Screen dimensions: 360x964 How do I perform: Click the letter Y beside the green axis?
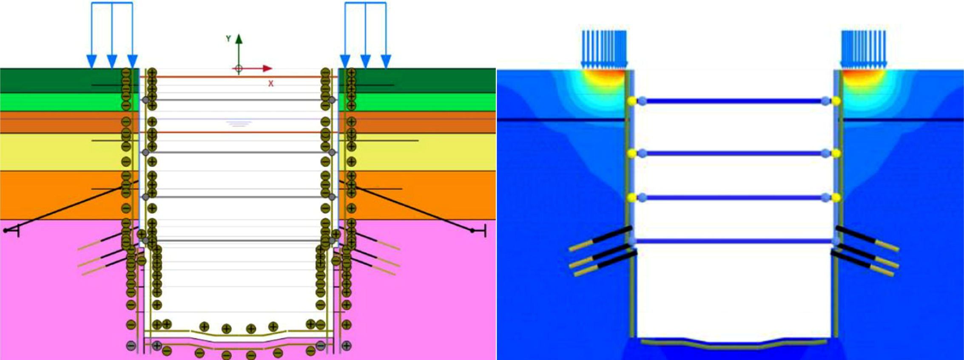coord(228,39)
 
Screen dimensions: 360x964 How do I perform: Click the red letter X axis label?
coord(270,84)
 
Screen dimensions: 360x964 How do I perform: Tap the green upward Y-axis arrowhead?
coord(239,39)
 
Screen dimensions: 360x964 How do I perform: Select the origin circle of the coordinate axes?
coord(239,68)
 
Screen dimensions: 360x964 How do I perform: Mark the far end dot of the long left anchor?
coord(6,230)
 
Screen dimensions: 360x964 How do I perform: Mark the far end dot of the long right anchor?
coord(472,230)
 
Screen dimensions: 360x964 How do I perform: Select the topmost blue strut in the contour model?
coord(734,101)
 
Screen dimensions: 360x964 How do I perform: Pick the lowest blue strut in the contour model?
coord(734,241)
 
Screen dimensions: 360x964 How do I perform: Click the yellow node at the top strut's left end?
coord(632,101)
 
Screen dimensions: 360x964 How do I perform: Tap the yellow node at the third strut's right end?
coord(836,198)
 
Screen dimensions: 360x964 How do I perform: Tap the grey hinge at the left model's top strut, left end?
coord(145,100)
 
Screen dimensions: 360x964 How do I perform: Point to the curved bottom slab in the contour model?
coord(734,345)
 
